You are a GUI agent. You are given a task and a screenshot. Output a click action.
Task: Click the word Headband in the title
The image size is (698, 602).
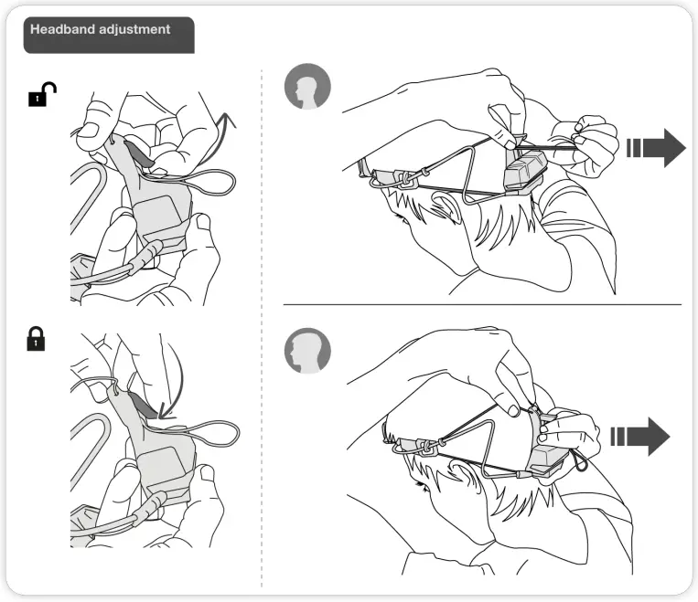[x=62, y=29]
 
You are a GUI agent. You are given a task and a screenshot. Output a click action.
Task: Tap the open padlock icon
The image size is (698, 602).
[x=41, y=95]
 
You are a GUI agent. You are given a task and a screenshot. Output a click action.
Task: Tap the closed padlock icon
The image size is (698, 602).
[x=36, y=341]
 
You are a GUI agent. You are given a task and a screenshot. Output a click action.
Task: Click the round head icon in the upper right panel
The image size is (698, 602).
[x=306, y=88]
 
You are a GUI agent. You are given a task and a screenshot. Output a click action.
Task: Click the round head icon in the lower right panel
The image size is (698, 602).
[x=306, y=351]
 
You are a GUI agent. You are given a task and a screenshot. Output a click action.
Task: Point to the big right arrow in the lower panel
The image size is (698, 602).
[x=640, y=436]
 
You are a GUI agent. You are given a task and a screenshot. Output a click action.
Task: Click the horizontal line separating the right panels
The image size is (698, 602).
[x=482, y=304]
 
